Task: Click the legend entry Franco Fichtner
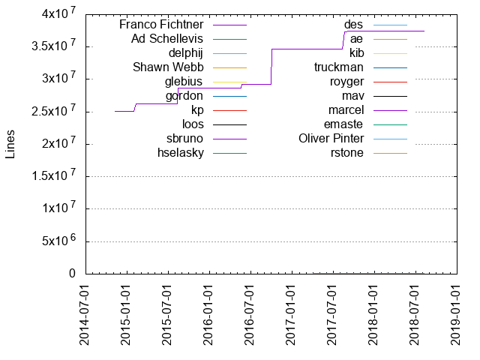tap(161, 25)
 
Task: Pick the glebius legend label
tap(184, 82)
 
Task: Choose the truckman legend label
tap(339, 67)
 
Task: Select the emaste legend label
tap(343, 124)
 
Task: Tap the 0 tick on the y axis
tap(73, 274)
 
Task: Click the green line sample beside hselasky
tap(229, 153)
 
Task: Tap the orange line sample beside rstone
tap(389, 153)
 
